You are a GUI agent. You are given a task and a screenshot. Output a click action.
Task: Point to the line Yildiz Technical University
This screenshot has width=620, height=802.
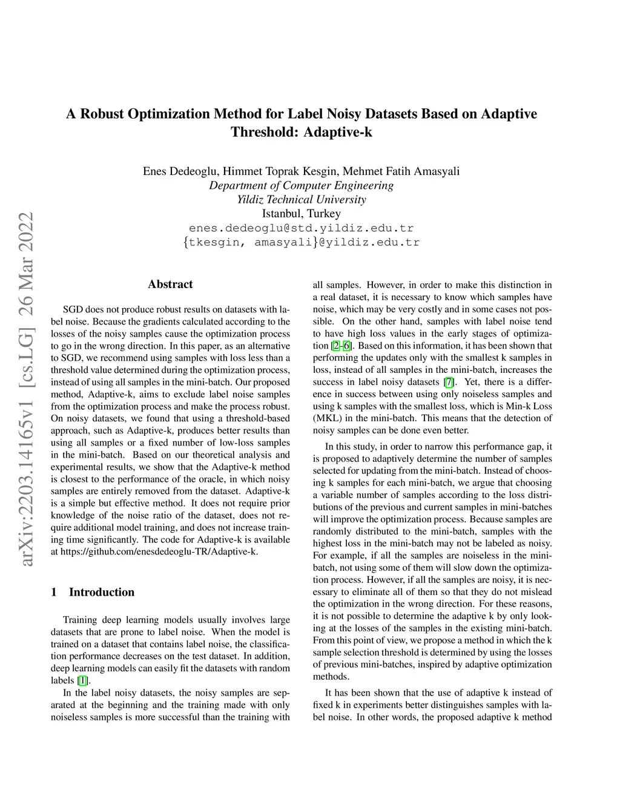[x=302, y=199]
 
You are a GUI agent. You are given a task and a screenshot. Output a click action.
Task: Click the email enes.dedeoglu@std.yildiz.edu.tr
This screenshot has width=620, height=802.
[x=302, y=228]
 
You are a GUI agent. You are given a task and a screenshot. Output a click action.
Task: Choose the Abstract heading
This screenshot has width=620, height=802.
[x=170, y=284]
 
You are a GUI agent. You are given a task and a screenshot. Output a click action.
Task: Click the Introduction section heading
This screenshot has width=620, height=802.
[x=101, y=592]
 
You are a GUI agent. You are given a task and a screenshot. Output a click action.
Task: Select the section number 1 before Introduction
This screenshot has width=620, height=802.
[x=54, y=592]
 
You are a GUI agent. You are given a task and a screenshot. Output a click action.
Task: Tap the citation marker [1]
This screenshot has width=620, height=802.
[x=83, y=680]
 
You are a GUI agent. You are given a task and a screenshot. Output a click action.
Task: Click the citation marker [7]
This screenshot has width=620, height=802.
[x=449, y=382]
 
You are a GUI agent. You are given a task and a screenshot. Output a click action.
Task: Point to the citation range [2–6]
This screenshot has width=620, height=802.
[x=341, y=346]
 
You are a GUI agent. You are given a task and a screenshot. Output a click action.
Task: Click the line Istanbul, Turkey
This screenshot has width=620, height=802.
[x=302, y=214]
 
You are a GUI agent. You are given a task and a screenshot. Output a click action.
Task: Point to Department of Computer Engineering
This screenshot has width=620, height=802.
[x=302, y=185]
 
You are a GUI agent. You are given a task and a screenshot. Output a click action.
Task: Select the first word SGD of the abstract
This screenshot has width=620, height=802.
[x=73, y=309]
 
